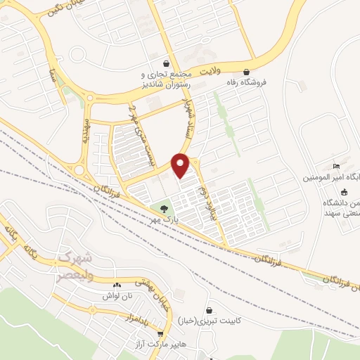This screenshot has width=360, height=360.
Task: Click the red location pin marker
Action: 181,165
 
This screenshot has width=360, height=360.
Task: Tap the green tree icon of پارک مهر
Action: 164,209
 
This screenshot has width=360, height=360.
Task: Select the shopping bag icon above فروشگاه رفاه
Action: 246,72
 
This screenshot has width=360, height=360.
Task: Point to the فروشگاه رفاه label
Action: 246,82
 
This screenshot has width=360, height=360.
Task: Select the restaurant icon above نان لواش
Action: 117,285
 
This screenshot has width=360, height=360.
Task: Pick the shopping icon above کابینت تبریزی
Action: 209,310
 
